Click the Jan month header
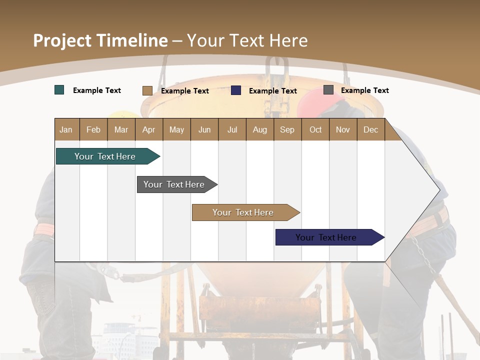(x=66, y=129)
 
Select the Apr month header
(x=149, y=129)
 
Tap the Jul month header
(x=232, y=129)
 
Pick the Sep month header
(x=287, y=129)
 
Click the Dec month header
(x=371, y=129)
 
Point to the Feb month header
(x=93, y=129)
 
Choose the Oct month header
(x=315, y=129)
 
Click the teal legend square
(x=59, y=90)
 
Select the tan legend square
(x=147, y=90)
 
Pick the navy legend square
(x=236, y=90)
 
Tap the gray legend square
(x=328, y=90)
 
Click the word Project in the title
(x=62, y=40)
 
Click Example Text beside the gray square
(x=365, y=90)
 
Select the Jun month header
(x=204, y=129)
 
